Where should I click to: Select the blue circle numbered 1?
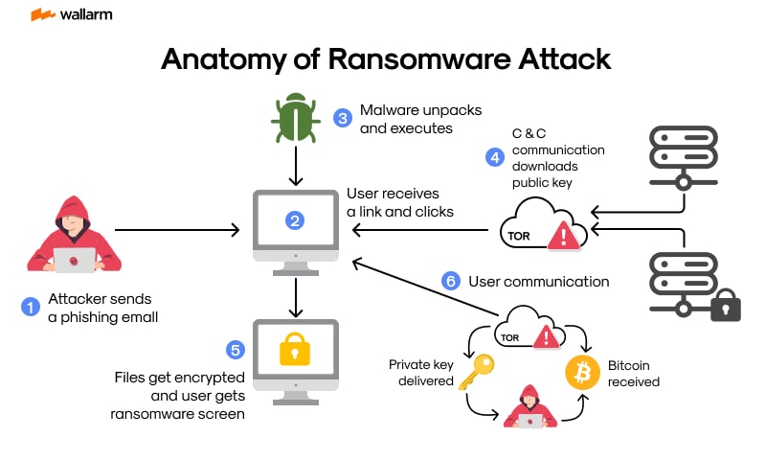point(30,307)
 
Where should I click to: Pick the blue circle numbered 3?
point(342,118)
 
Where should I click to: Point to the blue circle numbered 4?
point(494,156)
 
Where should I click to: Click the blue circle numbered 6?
point(450,281)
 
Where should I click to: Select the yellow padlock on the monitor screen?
point(295,352)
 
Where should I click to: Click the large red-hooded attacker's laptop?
point(73,260)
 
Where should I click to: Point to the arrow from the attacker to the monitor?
point(177,230)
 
